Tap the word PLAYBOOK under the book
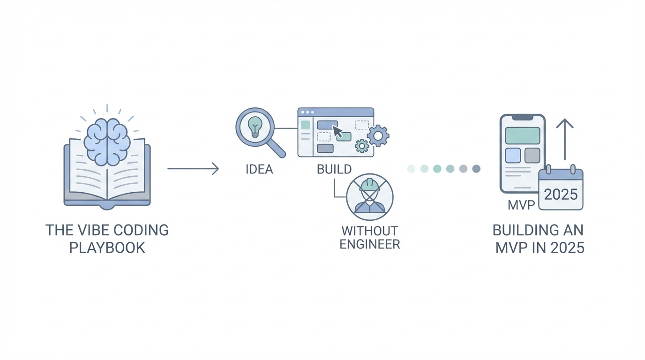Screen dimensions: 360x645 (x=107, y=247)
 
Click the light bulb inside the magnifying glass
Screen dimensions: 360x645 (x=255, y=127)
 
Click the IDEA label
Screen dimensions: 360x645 (x=259, y=169)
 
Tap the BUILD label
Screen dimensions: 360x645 (x=334, y=169)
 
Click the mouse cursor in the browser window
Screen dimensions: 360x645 (x=337, y=132)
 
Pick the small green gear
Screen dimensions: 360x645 (x=362, y=146)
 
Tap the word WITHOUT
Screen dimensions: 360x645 (x=370, y=231)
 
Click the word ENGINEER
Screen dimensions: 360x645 (x=370, y=244)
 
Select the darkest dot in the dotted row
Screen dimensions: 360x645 (x=476, y=169)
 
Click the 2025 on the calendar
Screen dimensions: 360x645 (x=561, y=194)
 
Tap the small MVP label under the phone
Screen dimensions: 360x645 (x=521, y=205)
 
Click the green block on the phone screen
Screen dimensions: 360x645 (x=523, y=135)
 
